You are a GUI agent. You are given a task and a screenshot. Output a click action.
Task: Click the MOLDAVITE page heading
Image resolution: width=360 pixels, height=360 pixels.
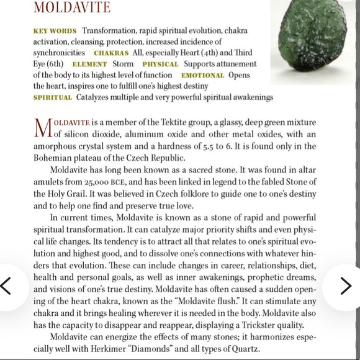click(71, 8)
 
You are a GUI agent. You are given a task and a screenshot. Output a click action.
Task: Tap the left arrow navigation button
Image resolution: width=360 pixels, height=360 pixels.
click(8, 286)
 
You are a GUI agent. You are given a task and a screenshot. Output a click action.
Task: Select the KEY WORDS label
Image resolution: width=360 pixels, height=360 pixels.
click(55, 31)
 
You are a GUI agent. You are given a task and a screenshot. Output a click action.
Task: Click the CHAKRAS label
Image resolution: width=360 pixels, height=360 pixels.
click(111, 53)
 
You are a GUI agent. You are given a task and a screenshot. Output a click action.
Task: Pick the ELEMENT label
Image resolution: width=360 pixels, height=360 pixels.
click(89, 64)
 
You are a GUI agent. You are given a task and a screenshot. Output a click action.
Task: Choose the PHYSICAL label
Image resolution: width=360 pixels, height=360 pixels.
click(160, 64)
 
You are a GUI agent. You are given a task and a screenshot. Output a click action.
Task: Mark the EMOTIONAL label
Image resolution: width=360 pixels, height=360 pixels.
click(202, 75)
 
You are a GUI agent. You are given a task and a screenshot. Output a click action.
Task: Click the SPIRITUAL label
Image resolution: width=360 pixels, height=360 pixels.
click(53, 97)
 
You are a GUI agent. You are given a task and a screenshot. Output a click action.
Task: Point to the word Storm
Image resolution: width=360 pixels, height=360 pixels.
click(123, 64)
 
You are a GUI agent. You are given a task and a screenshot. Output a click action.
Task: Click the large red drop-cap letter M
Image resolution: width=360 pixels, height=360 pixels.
click(42, 127)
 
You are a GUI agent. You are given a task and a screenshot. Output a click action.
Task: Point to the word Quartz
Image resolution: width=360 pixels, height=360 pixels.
click(245, 348)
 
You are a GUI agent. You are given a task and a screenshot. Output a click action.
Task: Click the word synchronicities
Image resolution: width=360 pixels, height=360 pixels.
click(59, 53)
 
